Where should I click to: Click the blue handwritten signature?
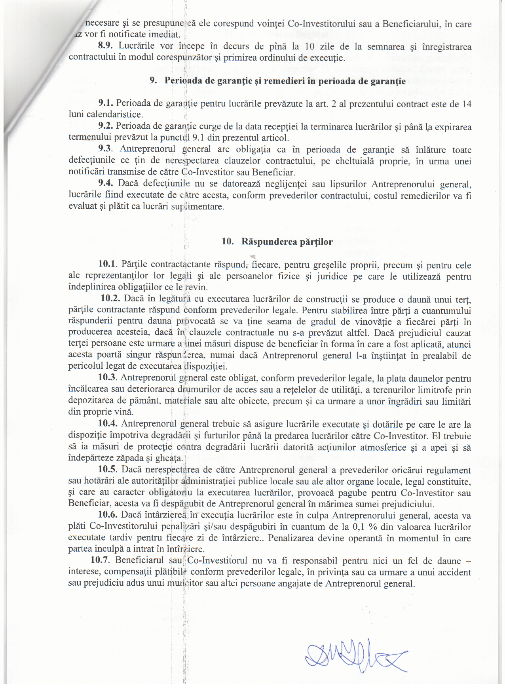point(355,655)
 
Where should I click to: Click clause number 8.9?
point(105,46)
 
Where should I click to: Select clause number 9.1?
point(106,103)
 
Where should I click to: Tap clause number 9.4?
point(106,183)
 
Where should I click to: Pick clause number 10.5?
point(108,470)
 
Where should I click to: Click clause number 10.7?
point(100,560)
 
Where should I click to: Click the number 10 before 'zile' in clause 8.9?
point(310,46)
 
